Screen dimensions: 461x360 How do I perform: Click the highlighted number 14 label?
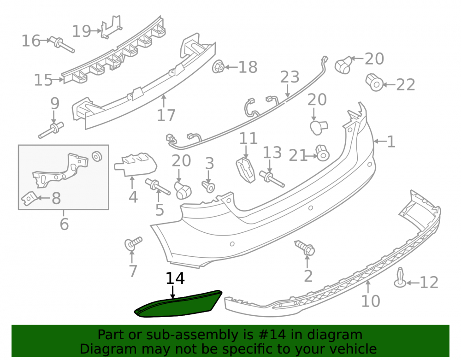coord(175,278)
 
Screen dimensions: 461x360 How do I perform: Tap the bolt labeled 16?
coord(62,45)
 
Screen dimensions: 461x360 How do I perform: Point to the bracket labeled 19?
coord(111,27)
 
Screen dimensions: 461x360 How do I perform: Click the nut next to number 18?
coord(218,67)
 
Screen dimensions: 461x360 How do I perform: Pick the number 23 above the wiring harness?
coord(290,77)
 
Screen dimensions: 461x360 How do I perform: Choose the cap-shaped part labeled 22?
coord(374,83)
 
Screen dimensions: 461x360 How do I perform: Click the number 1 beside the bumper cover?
coord(391,142)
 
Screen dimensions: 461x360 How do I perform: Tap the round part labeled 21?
coord(323,153)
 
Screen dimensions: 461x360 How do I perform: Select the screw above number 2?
coord(305,248)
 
